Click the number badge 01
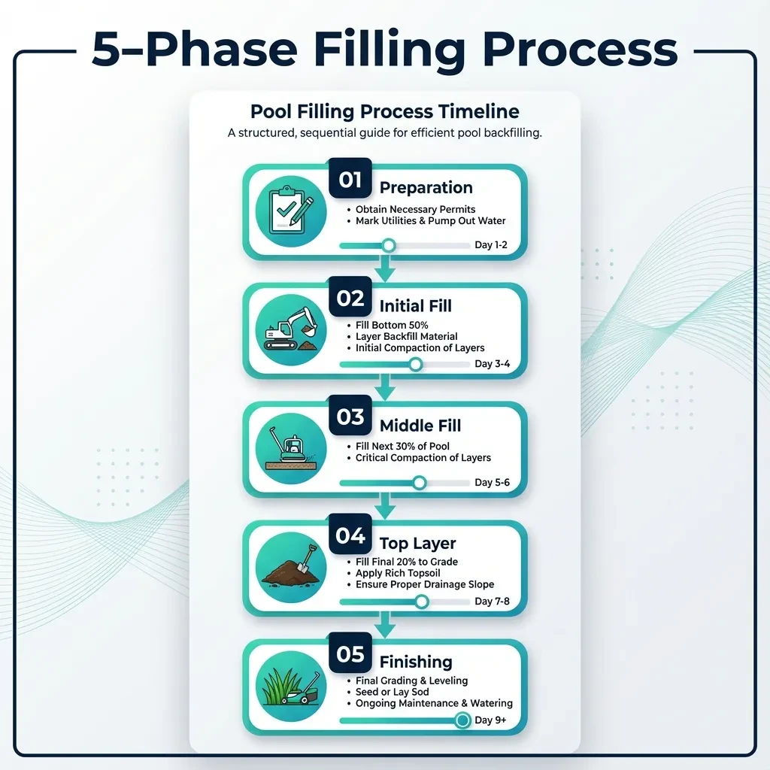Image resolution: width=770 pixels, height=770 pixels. click(350, 179)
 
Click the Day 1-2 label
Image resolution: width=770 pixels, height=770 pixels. click(492, 245)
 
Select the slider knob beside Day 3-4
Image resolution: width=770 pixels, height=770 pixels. click(415, 364)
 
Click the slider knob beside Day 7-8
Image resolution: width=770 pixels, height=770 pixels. click(422, 602)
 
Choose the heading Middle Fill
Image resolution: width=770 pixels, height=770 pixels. click(420, 426)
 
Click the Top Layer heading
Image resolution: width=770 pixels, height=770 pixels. click(417, 544)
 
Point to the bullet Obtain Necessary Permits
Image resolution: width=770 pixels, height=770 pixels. click(415, 209)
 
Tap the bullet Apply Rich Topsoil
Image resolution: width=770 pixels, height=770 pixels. click(401, 573)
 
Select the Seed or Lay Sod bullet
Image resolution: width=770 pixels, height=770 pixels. click(396, 692)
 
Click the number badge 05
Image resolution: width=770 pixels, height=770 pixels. click(350, 654)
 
